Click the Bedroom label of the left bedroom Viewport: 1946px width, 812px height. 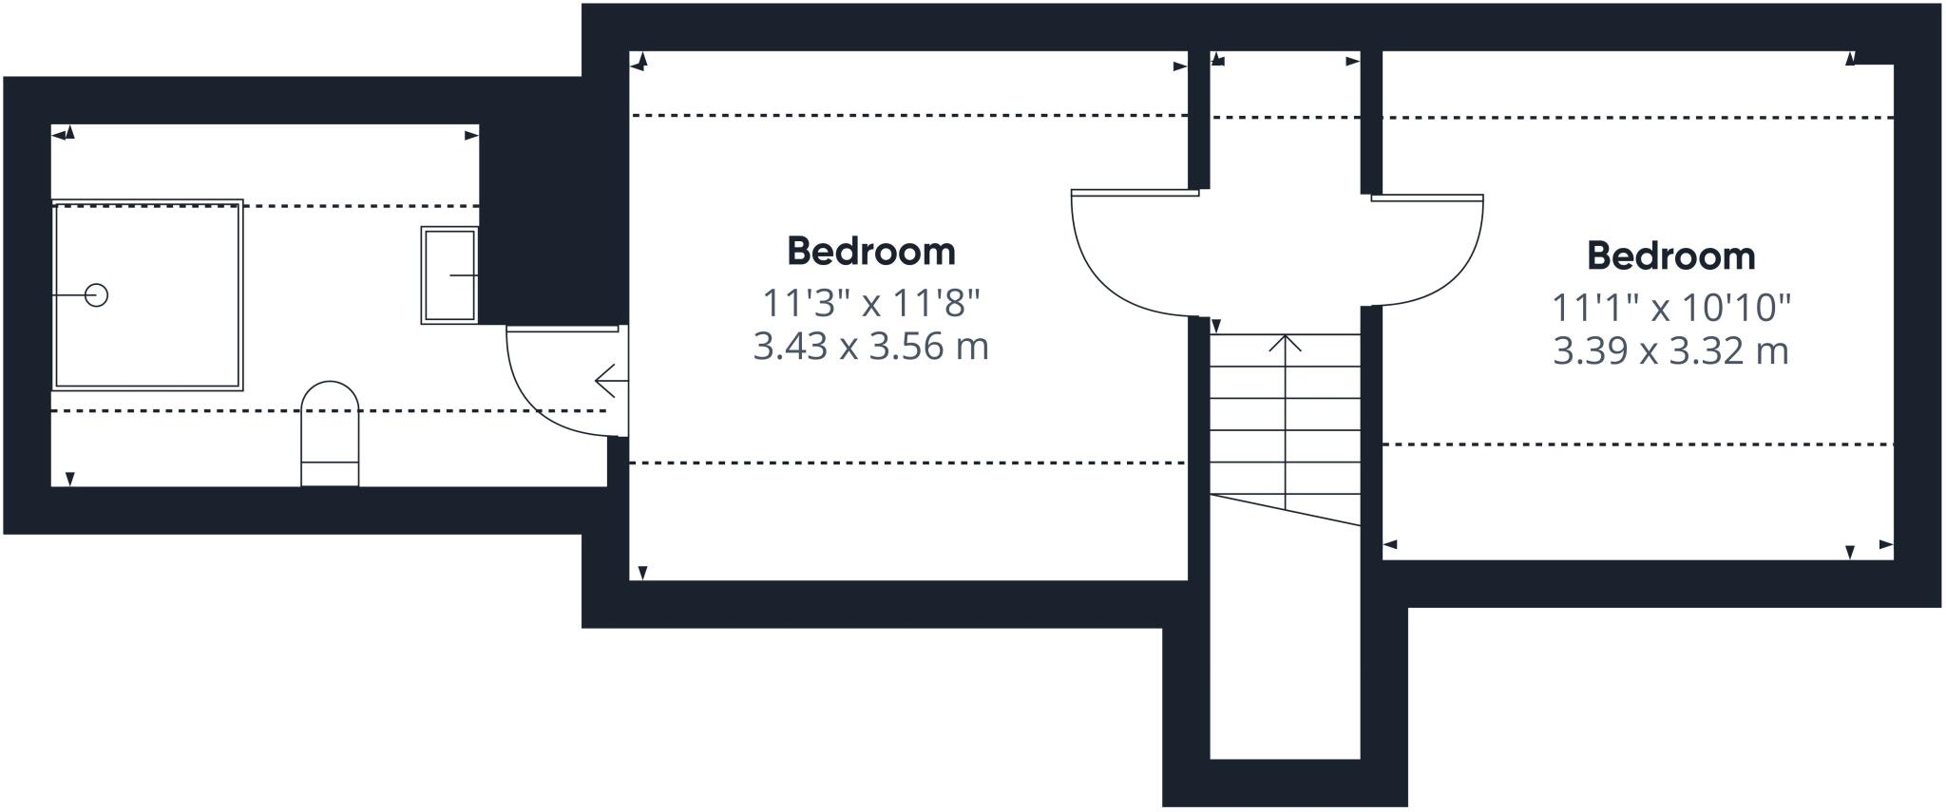pyautogui.click(x=871, y=252)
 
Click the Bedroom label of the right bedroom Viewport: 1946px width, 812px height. pyautogui.click(x=1671, y=256)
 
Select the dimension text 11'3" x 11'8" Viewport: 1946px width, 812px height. pyautogui.click(x=871, y=303)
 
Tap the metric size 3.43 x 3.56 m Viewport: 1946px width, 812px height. pyautogui.click(x=871, y=346)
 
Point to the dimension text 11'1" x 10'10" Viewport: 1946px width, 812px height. pyautogui.click(x=1671, y=308)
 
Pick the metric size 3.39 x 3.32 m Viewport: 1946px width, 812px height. pyautogui.click(x=1671, y=350)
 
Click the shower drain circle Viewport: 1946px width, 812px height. pyautogui.click(x=96, y=295)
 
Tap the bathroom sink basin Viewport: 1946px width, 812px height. pyautogui.click(x=449, y=275)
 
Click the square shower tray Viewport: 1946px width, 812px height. pyautogui.click(x=147, y=295)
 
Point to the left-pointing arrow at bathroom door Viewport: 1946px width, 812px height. pyautogui.click(x=611, y=382)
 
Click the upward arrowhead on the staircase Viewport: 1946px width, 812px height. pyautogui.click(x=1286, y=342)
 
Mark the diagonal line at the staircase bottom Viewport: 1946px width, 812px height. pyautogui.click(x=1286, y=510)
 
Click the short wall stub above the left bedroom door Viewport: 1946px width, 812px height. pyautogui.click(x=1199, y=120)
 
